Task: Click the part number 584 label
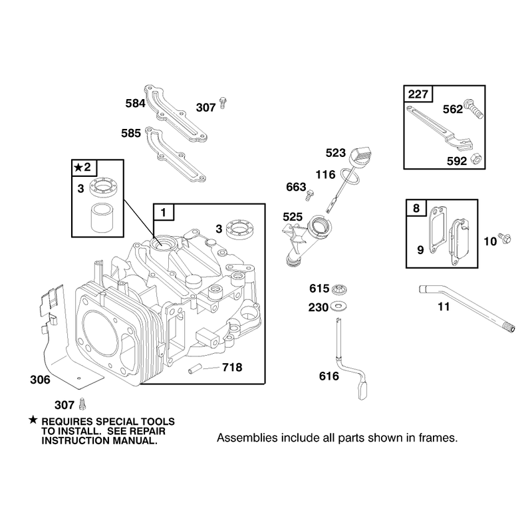point(135,103)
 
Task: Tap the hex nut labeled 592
point(477,160)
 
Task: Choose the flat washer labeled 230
point(338,307)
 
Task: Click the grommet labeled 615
point(338,289)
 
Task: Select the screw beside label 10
point(504,238)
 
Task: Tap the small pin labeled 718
point(195,370)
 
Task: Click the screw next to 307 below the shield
point(82,404)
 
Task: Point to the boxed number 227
point(418,94)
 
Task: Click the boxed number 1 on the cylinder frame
point(164,212)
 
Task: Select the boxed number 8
point(416,207)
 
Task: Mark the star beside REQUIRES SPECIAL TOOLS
point(33,420)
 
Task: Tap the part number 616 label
point(329,376)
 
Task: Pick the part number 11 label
point(444,307)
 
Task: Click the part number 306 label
point(40,380)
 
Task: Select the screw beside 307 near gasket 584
point(223,103)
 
